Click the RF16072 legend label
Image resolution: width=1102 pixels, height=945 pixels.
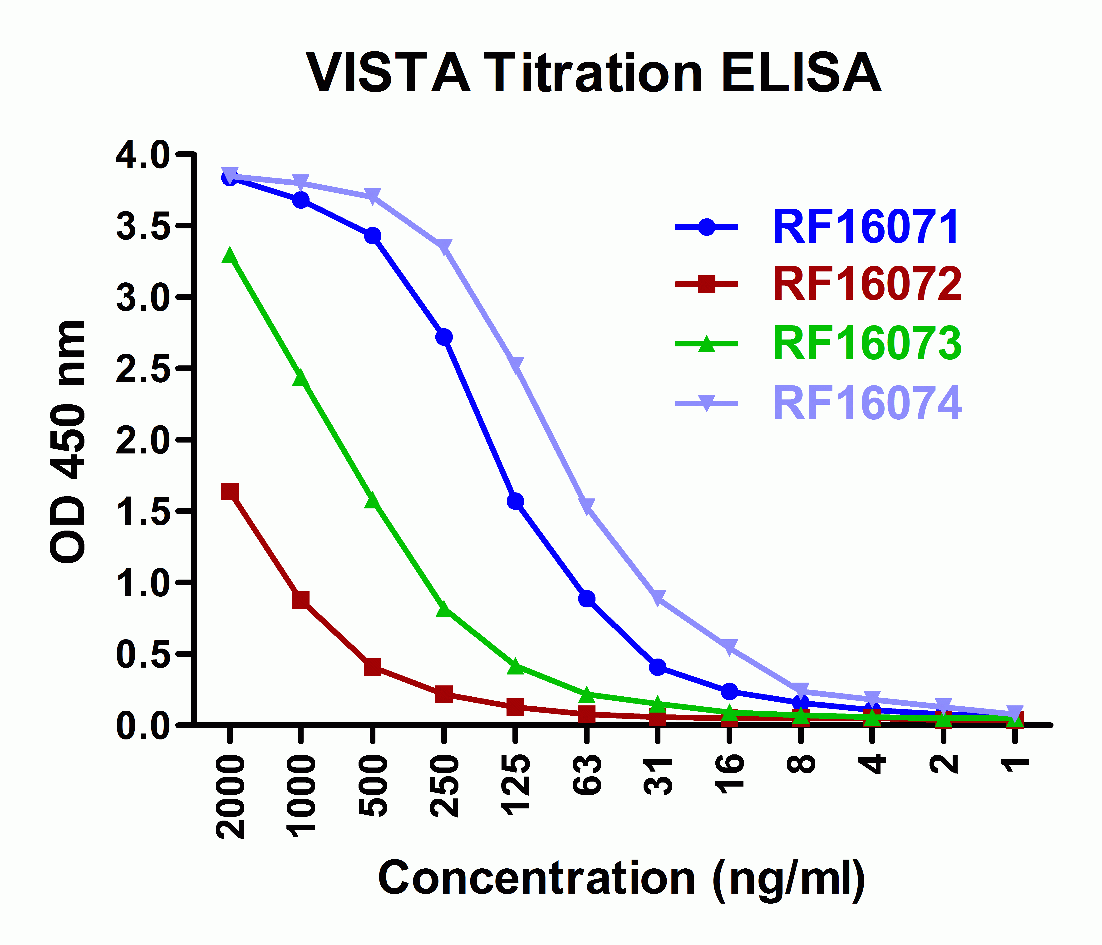(867, 285)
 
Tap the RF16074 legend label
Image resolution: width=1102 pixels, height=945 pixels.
(867, 403)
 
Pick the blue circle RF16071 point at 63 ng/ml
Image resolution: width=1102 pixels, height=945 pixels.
(587, 599)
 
